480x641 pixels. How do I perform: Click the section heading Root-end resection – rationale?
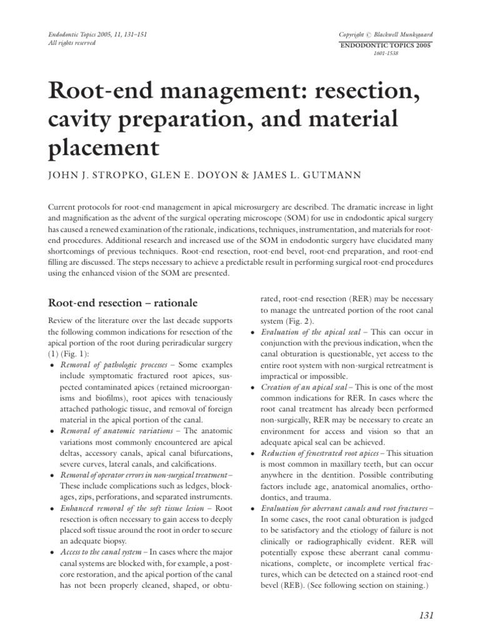pos(122,303)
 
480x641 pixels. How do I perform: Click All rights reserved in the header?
pos(72,43)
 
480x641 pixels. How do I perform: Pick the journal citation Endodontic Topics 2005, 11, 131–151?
pos(97,34)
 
